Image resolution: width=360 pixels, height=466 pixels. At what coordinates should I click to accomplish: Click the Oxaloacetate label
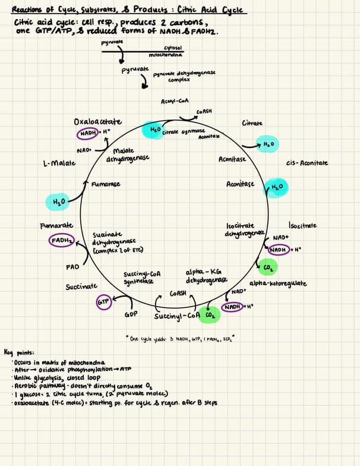click(x=98, y=122)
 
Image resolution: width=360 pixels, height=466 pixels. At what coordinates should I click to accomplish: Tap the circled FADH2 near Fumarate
click(x=62, y=241)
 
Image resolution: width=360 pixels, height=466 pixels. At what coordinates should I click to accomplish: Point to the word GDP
click(x=131, y=313)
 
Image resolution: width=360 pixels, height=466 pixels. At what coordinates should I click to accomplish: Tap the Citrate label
click(x=252, y=123)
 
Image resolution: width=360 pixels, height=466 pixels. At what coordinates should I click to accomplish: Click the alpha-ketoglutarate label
click(x=278, y=284)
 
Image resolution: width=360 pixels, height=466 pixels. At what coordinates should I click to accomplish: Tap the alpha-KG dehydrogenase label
click(x=206, y=276)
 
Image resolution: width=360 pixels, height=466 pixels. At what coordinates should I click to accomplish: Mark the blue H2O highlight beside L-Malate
click(x=58, y=202)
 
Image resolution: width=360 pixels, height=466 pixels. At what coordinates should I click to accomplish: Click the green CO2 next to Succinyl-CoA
click(x=209, y=314)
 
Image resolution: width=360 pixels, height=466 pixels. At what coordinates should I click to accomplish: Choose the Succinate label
click(x=81, y=286)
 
